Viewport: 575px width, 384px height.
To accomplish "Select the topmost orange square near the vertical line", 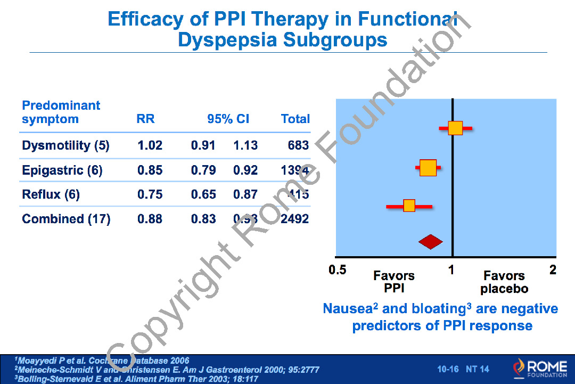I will click(x=455, y=128).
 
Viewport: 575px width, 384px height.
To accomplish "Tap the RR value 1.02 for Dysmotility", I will click(x=150, y=145).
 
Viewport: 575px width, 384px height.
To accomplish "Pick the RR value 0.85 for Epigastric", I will click(x=150, y=170).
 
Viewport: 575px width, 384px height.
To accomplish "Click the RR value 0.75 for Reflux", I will click(x=150, y=194).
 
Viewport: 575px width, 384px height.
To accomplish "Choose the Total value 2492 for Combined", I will click(x=295, y=219).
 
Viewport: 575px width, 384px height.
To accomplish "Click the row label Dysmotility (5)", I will click(x=65, y=145).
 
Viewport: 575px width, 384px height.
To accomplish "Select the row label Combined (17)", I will click(x=66, y=219).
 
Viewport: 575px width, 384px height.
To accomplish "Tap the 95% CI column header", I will click(x=228, y=119).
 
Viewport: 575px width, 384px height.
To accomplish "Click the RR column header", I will click(x=146, y=119).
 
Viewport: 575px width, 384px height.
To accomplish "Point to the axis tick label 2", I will click(x=553, y=270).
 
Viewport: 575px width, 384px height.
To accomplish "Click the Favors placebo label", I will click(x=504, y=282).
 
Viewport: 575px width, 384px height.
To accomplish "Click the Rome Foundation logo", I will click(x=540, y=367).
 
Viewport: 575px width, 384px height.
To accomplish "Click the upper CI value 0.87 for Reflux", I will click(x=245, y=194).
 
